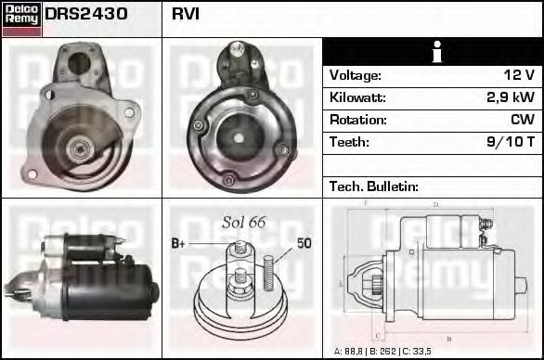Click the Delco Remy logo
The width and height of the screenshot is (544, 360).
(x=21, y=18)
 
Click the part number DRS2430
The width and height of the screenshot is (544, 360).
(x=86, y=15)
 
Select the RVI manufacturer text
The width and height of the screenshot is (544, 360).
(x=186, y=15)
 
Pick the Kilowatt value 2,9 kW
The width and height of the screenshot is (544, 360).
(x=511, y=97)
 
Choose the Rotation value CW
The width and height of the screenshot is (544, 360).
(x=522, y=120)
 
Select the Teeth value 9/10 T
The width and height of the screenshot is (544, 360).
(x=511, y=142)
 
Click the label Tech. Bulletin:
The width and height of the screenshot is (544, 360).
(x=374, y=186)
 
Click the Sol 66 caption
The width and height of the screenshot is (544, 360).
(x=243, y=222)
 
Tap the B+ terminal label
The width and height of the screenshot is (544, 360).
(x=178, y=243)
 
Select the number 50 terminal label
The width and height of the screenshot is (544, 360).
(x=304, y=243)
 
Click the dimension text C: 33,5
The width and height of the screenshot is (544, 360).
(x=424, y=352)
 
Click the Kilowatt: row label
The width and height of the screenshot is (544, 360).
(x=357, y=97)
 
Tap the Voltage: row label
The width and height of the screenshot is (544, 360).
(x=355, y=75)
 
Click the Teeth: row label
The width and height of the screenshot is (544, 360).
(x=349, y=142)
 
